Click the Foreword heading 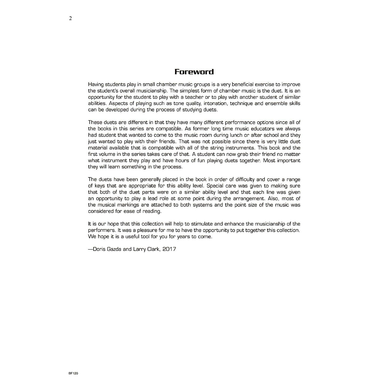point(194,72)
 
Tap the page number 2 point(71,18)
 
